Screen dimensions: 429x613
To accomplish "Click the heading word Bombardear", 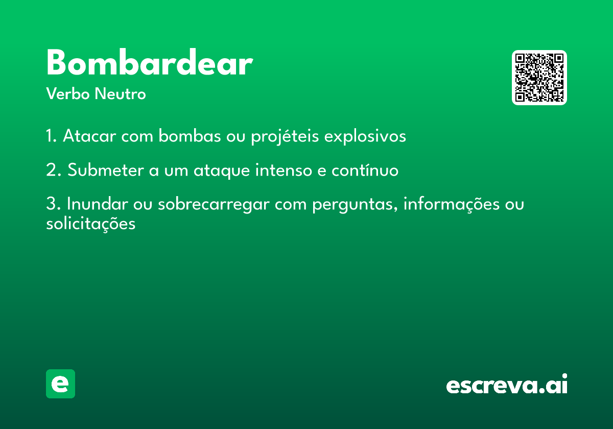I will click(x=149, y=64).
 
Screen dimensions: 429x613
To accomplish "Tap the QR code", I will click(x=539, y=78).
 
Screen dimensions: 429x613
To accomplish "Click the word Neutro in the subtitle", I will click(x=120, y=94).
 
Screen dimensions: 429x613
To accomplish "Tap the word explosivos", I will click(x=365, y=136).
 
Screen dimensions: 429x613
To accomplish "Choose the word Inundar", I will click(x=97, y=204).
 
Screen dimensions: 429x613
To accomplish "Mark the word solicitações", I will click(x=90, y=224).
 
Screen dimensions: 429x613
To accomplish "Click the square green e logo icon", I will click(x=60, y=384).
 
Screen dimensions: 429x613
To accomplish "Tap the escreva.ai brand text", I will click(x=507, y=385).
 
